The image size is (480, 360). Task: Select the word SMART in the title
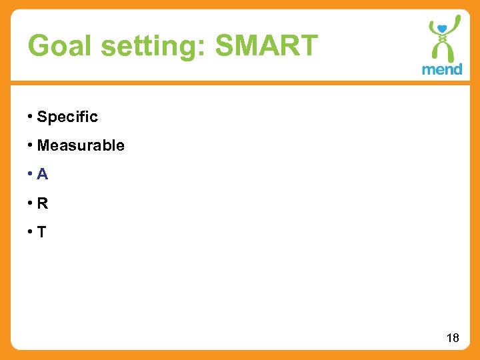(267, 46)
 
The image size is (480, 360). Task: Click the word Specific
(67, 117)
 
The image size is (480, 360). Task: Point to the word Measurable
(81, 145)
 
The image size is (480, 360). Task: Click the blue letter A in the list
(43, 175)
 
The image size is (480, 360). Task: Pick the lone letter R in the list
(43, 203)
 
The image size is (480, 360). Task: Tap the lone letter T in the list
(42, 232)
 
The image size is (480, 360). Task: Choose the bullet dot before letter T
(31, 232)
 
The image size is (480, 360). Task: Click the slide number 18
(453, 338)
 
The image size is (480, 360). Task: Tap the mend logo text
(441, 69)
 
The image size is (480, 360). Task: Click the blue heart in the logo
(440, 29)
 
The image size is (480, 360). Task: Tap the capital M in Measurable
(45, 145)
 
